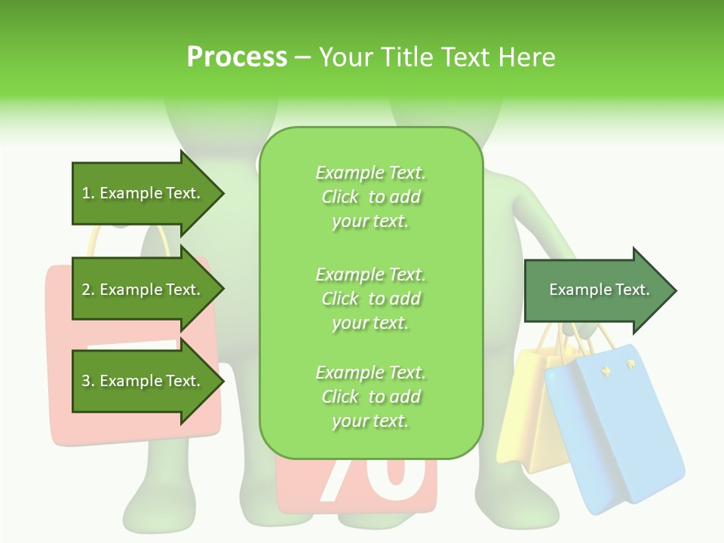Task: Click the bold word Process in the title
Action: [x=237, y=57]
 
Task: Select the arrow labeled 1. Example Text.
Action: [x=143, y=194]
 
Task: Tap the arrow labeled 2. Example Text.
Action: [x=143, y=290]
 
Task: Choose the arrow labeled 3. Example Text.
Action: [x=143, y=381]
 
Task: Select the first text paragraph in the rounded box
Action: [x=370, y=197]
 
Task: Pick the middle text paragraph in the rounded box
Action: [x=370, y=299]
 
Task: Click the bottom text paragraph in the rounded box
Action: [x=370, y=397]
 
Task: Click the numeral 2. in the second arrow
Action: [x=87, y=290]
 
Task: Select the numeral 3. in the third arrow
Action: [x=87, y=381]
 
